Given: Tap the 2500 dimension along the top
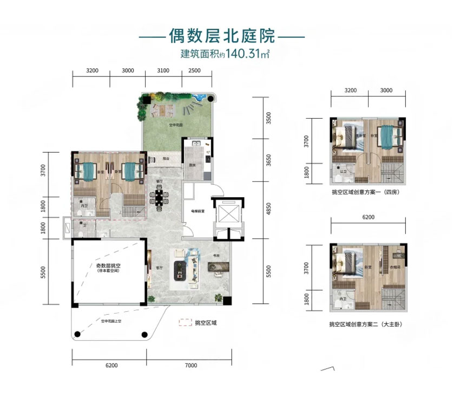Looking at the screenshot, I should tap(195, 71).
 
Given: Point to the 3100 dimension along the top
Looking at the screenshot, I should tap(163, 71).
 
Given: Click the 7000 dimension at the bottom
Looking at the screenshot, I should tap(190, 366).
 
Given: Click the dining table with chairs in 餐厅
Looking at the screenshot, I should tap(159, 198).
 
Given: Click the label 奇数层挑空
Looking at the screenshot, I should tap(108, 266).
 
